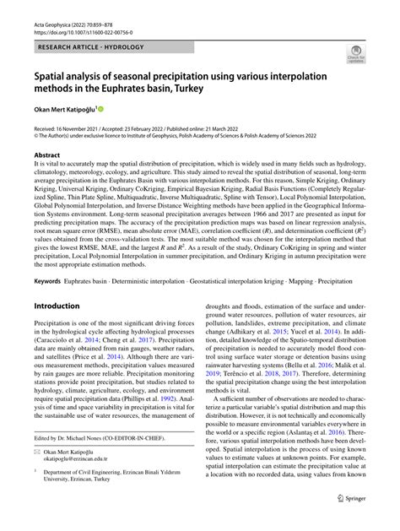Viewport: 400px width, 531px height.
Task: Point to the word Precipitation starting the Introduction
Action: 53,324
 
